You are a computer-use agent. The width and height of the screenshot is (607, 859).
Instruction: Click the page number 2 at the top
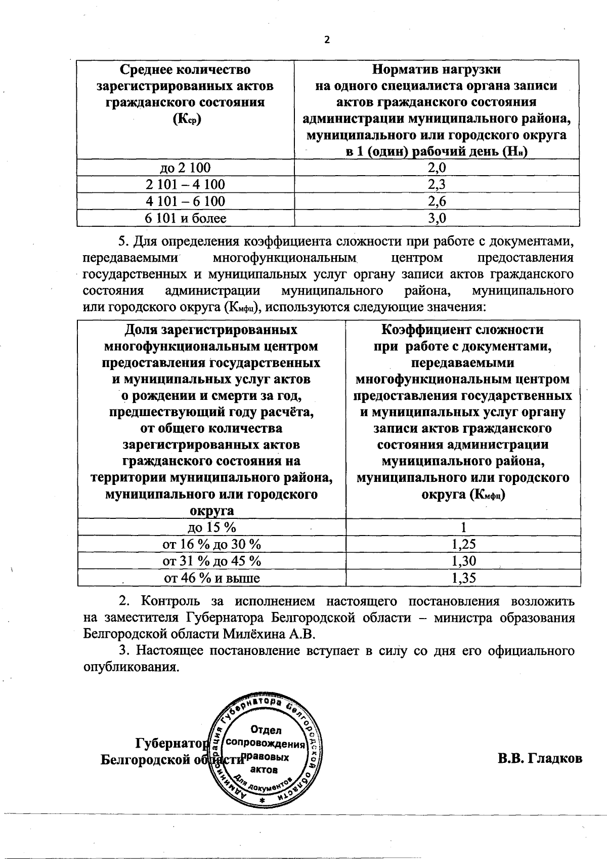point(326,40)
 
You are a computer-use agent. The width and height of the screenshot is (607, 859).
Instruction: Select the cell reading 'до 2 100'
point(185,168)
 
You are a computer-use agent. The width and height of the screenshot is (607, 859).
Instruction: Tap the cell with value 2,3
point(437,184)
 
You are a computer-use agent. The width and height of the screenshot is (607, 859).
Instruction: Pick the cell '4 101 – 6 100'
point(185,201)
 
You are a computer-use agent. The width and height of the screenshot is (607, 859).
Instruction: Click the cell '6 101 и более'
point(185,218)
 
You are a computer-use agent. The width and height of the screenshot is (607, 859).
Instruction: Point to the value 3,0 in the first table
point(437,218)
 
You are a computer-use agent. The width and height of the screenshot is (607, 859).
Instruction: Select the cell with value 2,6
point(437,201)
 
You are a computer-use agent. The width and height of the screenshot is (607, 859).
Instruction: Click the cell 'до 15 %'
point(211,527)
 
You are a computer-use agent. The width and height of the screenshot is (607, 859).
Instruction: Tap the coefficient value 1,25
point(463,544)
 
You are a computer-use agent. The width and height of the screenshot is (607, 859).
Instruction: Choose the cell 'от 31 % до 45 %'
point(211,561)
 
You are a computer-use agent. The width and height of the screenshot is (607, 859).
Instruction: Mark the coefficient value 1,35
point(463,578)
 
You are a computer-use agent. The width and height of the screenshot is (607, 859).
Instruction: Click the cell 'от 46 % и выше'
point(211,578)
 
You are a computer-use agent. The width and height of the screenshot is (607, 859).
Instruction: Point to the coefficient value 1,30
point(463,561)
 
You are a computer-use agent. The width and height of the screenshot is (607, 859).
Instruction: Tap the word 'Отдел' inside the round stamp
point(266,730)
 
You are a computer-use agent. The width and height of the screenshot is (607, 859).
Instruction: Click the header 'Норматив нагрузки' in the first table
point(437,69)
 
